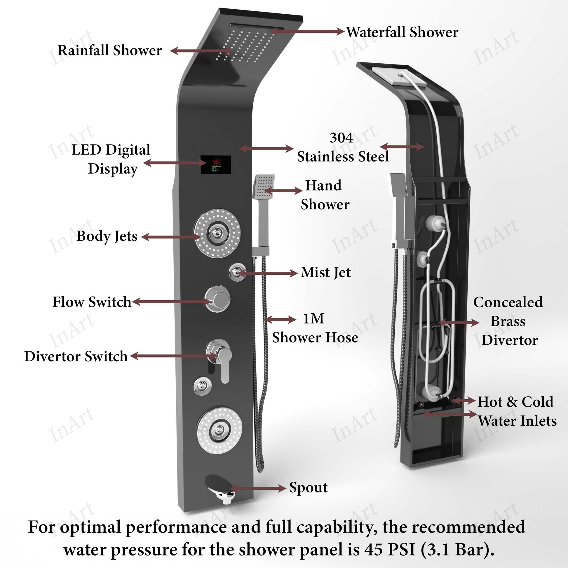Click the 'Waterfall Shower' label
tap(402, 32)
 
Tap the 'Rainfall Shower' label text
tap(110, 50)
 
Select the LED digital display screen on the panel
tap(215, 165)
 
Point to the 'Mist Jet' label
tap(325, 273)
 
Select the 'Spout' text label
tap(308, 487)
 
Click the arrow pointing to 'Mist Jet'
tap(268, 273)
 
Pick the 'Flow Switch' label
tap(92, 302)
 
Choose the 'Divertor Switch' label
tap(76, 356)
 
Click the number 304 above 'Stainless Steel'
tap(341, 137)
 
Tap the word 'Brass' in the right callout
tap(508, 321)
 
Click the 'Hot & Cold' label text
tap(515, 402)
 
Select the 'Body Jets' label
tap(107, 236)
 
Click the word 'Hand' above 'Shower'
tap(323, 186)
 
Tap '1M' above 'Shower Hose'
tap(313, 318)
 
